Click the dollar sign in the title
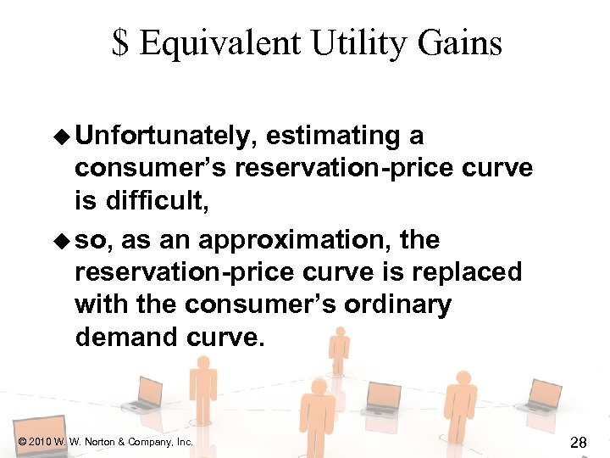(x=121, y=42)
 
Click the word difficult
(x=155, y=201)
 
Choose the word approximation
(x=299, y=240)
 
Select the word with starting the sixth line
(x=103, y=304)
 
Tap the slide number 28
(x=579, y=441)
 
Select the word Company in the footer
(x=151, y=442)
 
